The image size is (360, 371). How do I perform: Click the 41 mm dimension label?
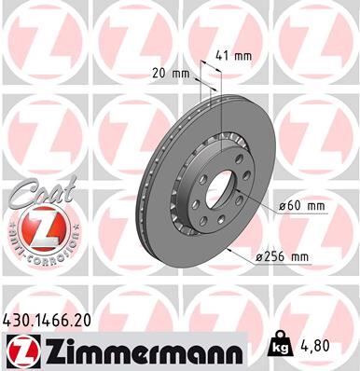234,56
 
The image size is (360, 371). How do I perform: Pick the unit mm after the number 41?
242,56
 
